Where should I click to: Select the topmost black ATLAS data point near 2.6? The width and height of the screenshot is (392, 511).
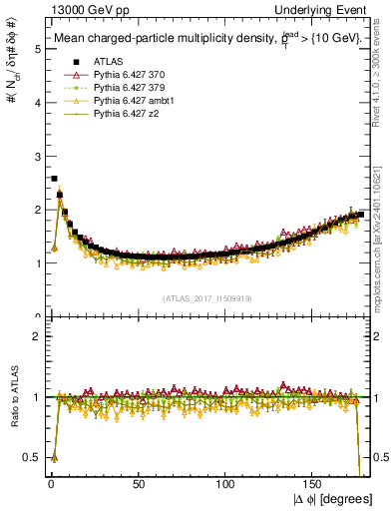(x=54, y=179)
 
